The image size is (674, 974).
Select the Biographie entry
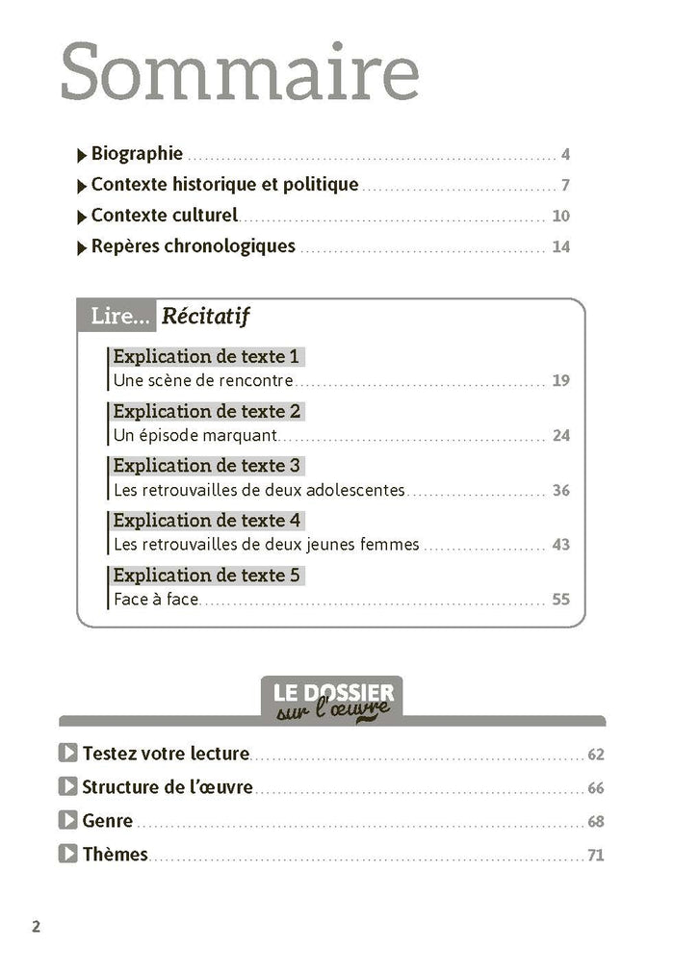(x=137, y=154)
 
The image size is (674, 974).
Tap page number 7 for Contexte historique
(x=566, y=186)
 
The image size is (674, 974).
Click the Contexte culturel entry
(x=164, y=216)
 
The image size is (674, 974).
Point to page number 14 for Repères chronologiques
(x=561, y=247)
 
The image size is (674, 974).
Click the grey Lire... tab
(x=117, y=316)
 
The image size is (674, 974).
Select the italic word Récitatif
(x=207, y=316)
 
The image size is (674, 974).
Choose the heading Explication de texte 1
(x=207, y=357)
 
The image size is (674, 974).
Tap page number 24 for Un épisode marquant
(x=561, y=435)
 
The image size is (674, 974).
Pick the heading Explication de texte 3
(x=207, y=466)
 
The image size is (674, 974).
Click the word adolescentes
(x=356, y=490)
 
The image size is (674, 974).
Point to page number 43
(x=561, y=545)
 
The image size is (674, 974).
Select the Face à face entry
(x=155, y=600)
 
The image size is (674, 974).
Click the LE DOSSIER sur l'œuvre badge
(x=332, y=700)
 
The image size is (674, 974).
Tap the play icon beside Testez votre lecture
(x=67, y=754)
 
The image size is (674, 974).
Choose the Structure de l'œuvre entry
(x=168, y=787)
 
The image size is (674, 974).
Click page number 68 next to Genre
(x=595, y=822)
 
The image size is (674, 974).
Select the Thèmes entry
(x=116, y=855)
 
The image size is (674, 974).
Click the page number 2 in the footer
(x=37, y=928)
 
